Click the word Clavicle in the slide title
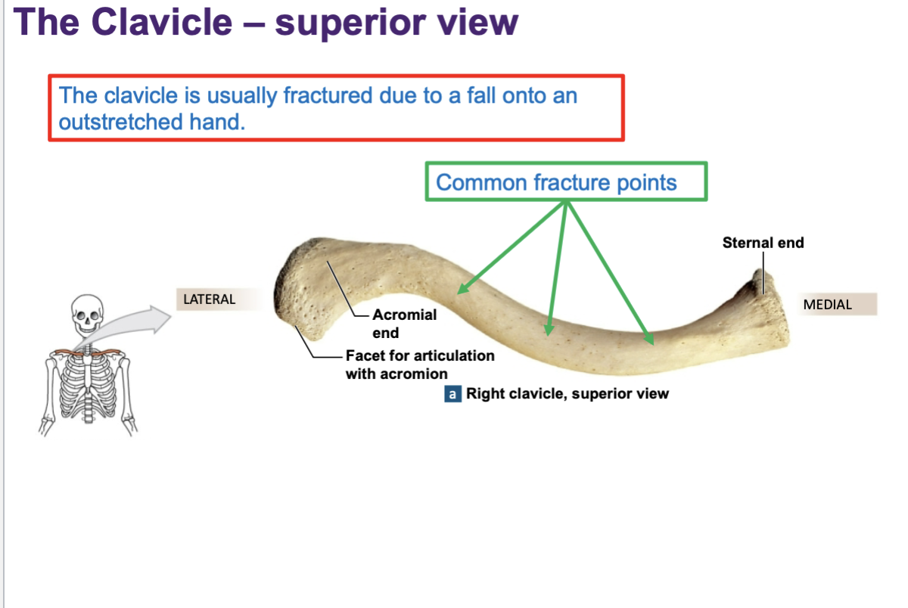162,23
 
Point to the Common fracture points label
556,182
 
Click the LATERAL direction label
210,299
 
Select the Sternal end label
763,243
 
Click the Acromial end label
404,324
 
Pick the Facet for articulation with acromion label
420,364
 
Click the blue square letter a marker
452,394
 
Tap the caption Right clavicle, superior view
567,394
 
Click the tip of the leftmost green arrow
459,291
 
